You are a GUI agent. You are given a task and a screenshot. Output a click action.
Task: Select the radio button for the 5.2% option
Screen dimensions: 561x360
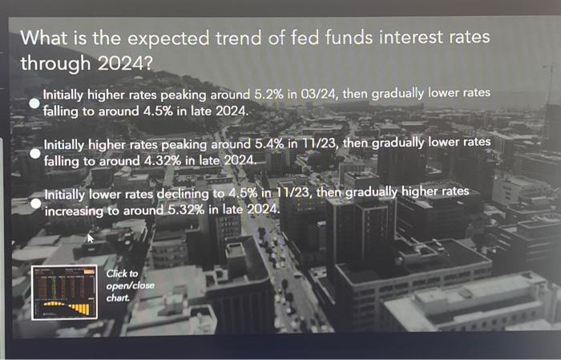pyautogui.click(x=34, y=103)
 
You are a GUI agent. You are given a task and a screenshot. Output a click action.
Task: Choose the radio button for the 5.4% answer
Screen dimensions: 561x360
pyautogui.click(x=35, y=153)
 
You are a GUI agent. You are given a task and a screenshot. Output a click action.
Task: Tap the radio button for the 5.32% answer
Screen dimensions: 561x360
pyautogui.click(x=36, y=204)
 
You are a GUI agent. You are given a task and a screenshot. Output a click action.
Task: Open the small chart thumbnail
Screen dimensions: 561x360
pyautogui.click(x=64, y=293)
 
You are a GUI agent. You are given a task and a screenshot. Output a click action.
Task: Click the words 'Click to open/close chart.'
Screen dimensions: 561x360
pyautogui.click(x=130, y=285)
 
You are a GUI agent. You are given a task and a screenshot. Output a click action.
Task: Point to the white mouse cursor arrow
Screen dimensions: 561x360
pyautogui.click(x=90, y=237)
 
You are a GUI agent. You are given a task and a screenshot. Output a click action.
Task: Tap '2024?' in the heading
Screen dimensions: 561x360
pyautogui.click(x=125, y=63)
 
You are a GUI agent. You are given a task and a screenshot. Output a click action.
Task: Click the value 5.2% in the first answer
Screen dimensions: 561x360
pyautogui.click(x=268, y=95)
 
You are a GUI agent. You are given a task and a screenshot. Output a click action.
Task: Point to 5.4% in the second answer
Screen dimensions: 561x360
pyautogui.click(x=269, y=144)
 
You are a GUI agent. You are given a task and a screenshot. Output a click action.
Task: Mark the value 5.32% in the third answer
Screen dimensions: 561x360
pyautogui.click(x=186, y=210)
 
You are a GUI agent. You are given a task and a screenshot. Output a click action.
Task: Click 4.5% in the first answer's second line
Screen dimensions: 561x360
pyautogui.click(x=158, y=111)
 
